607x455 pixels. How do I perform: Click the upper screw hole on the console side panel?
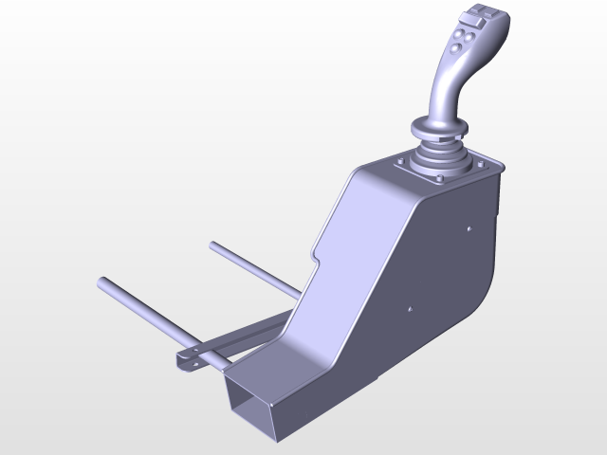(x=469, y=228)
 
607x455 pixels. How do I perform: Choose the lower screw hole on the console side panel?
(x=409, y=308)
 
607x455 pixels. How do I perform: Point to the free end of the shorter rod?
(x=215, y=246)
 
